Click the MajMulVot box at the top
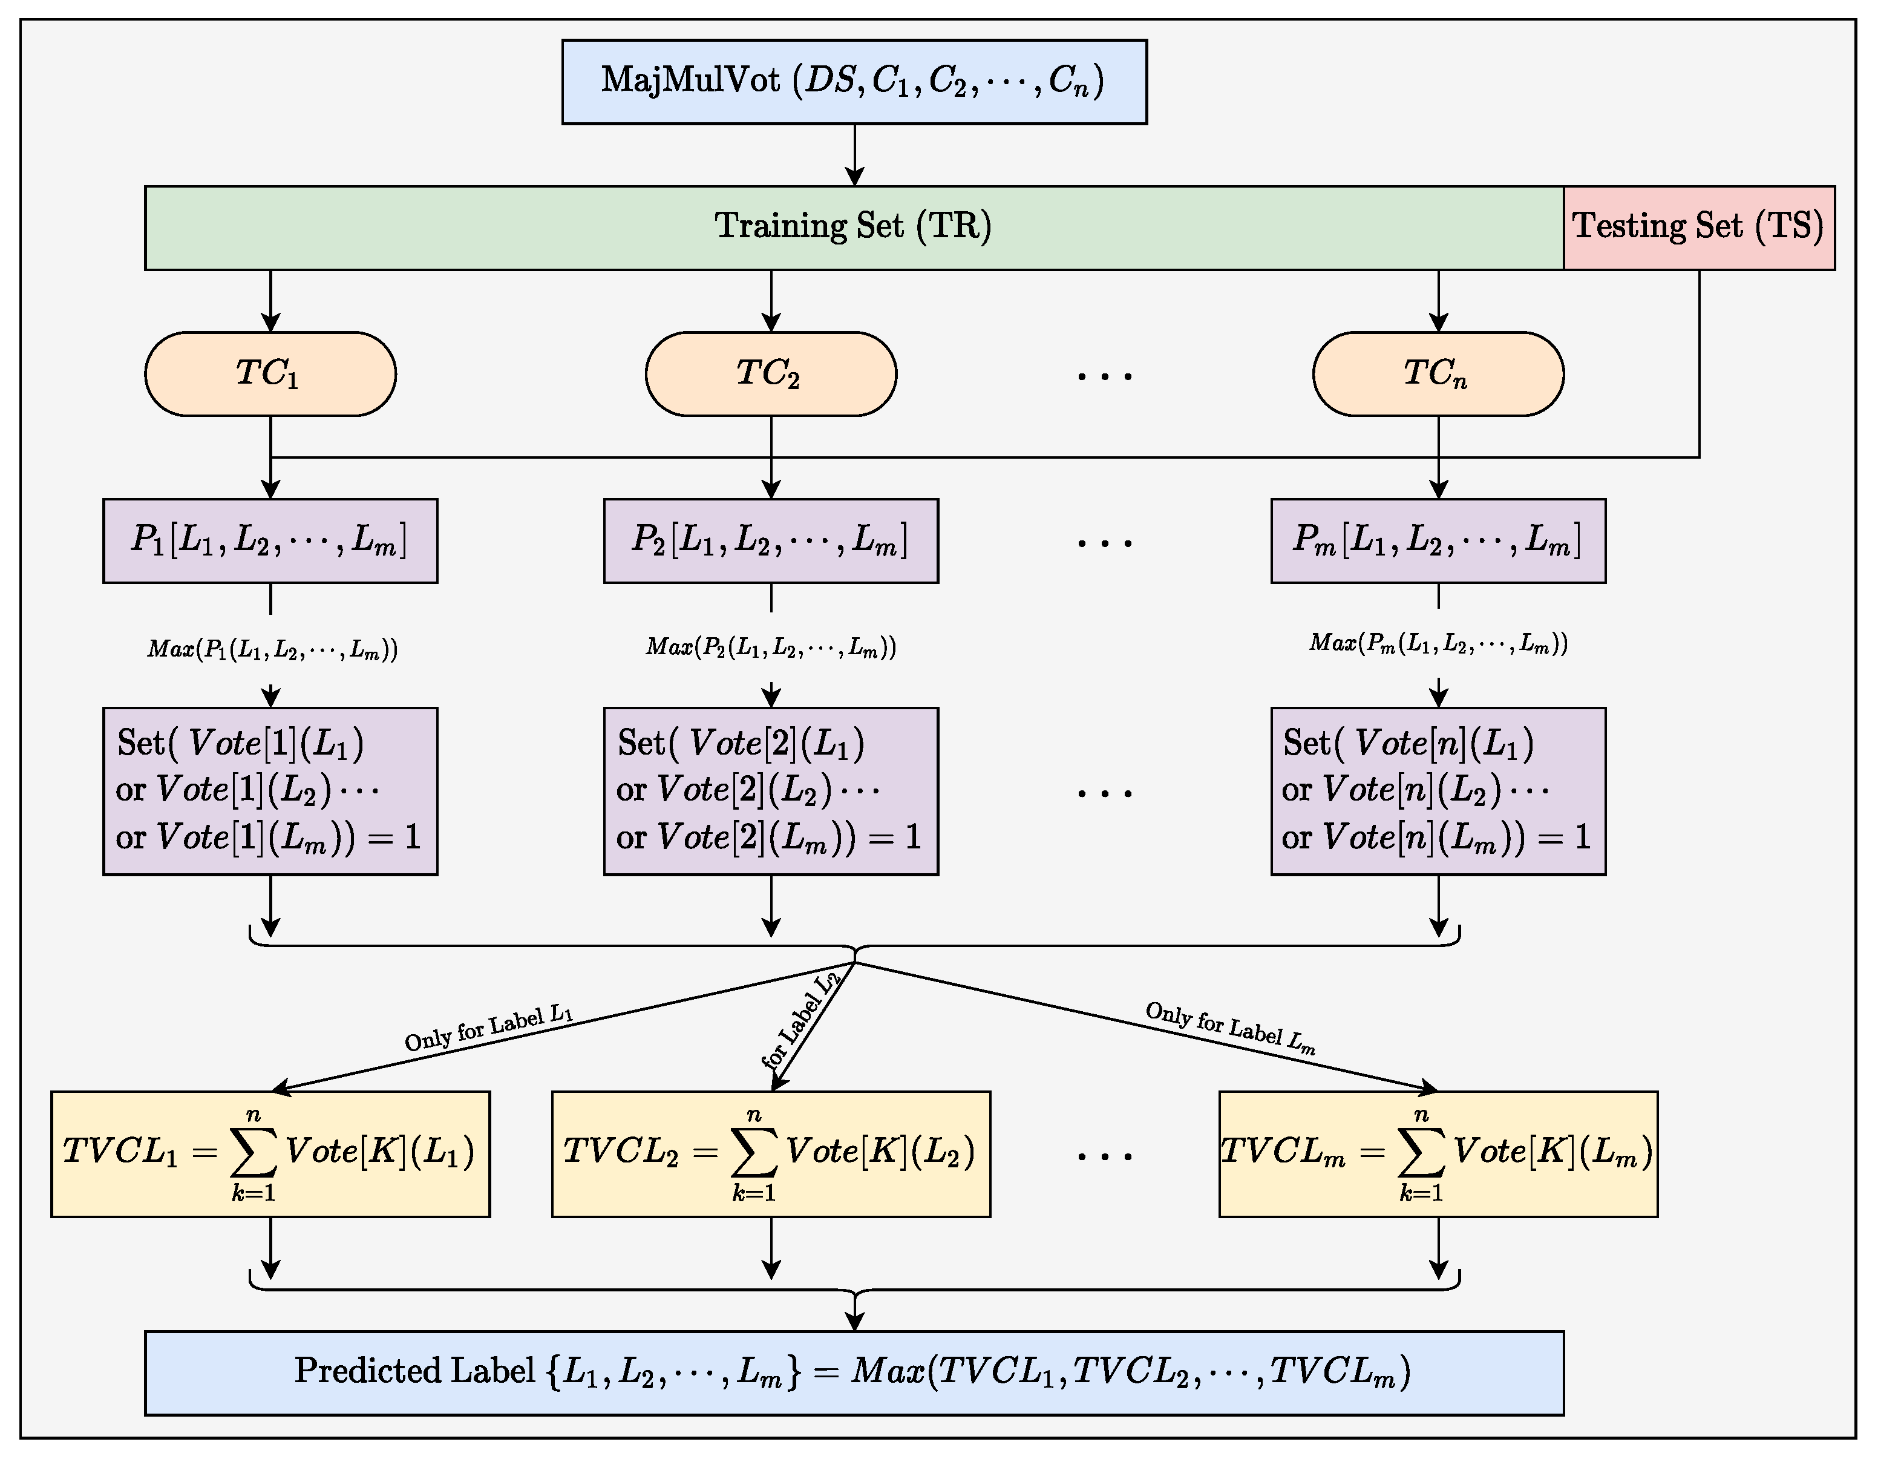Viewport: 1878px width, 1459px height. pos(854,82)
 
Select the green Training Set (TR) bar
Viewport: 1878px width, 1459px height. pos(853,227)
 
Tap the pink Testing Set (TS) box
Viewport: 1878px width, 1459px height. pos(1698,227)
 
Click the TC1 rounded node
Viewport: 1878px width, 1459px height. pos(270,373)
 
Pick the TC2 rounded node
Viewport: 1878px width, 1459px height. pos(770,373)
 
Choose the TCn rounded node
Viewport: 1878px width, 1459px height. pos(1438,373)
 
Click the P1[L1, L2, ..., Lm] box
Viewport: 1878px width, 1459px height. pos(270,540)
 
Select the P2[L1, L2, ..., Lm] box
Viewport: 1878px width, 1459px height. pos(770,540)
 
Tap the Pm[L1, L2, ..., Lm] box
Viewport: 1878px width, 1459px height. pos(1438,540)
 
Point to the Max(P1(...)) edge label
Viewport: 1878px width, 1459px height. pos(272,649)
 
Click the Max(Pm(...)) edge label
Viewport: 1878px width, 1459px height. pos(1438,643)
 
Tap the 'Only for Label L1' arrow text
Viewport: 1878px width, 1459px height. pos(488,1028)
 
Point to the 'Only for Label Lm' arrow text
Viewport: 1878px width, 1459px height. pos(1229,1028)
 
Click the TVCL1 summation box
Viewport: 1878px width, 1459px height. pos(270,1153)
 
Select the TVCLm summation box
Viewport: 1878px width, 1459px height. pos(1438,1153)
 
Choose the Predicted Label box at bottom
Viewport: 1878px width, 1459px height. pos(853,1372)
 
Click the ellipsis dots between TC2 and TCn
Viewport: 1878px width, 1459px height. pos(1104,375)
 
